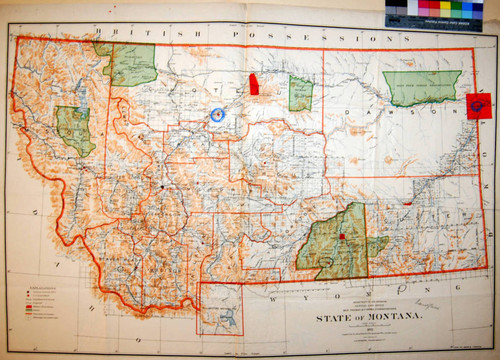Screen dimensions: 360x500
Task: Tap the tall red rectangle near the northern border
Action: (x=254, y=83)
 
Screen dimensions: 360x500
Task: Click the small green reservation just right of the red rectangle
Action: (x=300, y=93)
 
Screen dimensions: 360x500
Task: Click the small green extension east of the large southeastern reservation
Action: (x=377, y=246)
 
